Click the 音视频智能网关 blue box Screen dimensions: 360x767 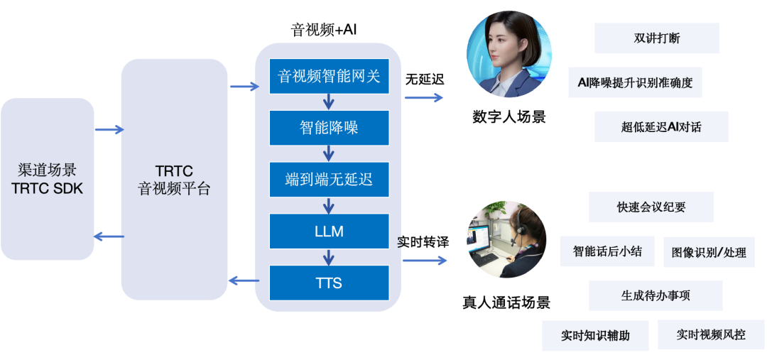coord(330,76)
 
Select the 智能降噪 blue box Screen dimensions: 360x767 coord(330,128)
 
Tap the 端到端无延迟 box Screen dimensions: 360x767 coord(330,180)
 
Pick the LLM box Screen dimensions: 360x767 coord(330,231)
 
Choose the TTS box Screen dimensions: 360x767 coord(330,283)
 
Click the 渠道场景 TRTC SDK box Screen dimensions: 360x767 coord(48,179)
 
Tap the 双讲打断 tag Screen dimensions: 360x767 coord(656,38)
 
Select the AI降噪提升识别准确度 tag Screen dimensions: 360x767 coord(636,82)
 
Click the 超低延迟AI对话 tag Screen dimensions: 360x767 coord(661,127)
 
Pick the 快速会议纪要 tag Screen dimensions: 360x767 coord(651,207)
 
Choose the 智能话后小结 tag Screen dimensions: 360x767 coord(607,251)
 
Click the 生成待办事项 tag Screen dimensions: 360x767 coord(656,295)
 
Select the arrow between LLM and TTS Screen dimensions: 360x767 coord(329,257)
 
